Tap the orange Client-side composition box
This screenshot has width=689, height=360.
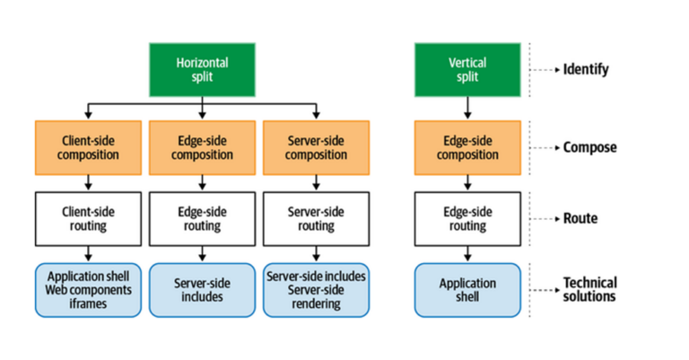click(x=88, y=147)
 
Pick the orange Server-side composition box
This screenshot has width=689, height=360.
click(x=316, y=147)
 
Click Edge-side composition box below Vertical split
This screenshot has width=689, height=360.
click(x=467, y=147)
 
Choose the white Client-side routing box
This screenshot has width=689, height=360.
click(x=88, y=218)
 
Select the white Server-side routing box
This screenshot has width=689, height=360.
click(x=316, y=218)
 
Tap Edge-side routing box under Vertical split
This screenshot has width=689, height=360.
click(x=467, y=218)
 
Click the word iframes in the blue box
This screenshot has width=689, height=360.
click(x=88, y=303)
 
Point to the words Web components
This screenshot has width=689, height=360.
click(x=88, y=290)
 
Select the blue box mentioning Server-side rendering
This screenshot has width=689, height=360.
click(x=316, y=290)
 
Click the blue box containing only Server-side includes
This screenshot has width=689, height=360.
click(x=202, y=290)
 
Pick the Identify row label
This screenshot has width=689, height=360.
click(x=585, y=69)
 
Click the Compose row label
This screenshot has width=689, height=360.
click(x=589, y=147)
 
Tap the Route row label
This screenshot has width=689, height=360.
click(x=580, y=218)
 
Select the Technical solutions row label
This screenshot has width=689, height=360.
click(x=589, y=289)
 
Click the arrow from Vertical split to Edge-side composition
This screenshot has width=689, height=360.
click(x=467, y=108)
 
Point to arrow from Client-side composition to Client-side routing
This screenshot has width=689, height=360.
click(x=88, y=182)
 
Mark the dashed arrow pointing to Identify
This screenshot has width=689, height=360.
click(x=543, y=69)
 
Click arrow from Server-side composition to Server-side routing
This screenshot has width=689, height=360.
click(x=316, y=182)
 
